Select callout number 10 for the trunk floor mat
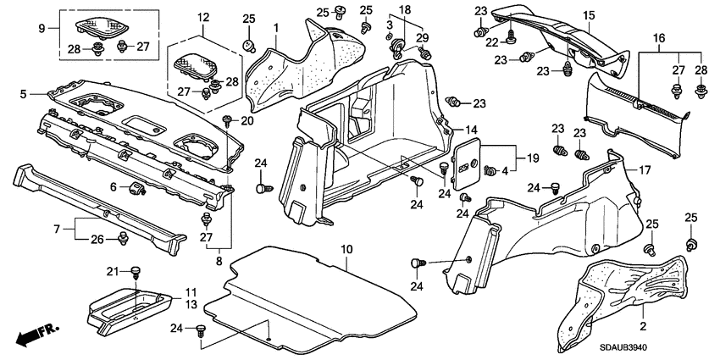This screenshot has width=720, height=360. coord(346,248)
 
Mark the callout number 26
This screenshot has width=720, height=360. coord(98,239)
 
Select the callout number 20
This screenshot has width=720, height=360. coord(246,120)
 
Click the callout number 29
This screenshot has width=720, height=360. coord(423,37)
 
